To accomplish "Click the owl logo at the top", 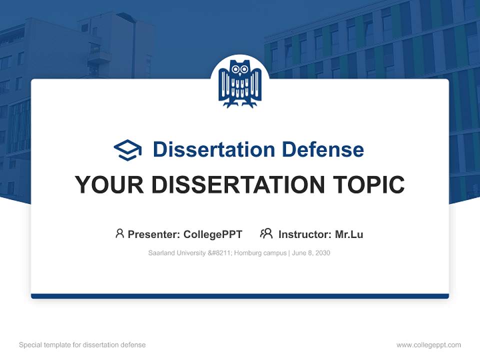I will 240,83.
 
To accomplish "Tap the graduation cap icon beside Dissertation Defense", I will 127,150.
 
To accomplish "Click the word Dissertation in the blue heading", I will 213,149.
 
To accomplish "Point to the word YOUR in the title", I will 109,185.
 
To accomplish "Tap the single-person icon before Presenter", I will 119,233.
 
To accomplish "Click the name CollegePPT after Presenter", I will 212,234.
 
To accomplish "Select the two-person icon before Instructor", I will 266,233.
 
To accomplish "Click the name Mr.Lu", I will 349,234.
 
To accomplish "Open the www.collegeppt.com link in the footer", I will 428,345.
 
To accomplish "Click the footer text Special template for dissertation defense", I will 82,345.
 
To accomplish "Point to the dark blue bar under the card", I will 240,296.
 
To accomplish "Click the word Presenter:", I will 154,234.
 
